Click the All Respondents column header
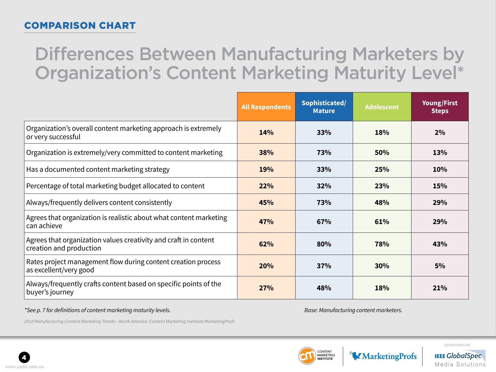266,107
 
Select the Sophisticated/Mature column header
324,107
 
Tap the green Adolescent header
382,107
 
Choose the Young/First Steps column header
440,107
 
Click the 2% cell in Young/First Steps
440,133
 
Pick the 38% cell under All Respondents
266,153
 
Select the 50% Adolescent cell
382,153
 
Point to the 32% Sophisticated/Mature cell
324,186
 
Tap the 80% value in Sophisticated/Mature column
324,244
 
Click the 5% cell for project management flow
440,266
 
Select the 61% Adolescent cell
382,222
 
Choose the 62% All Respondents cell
266,244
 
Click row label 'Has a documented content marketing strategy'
98,169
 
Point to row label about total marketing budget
115,186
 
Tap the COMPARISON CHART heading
80,26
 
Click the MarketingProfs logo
383,356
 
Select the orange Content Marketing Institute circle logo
307,356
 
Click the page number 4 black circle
24,357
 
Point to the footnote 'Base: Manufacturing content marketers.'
353,310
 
